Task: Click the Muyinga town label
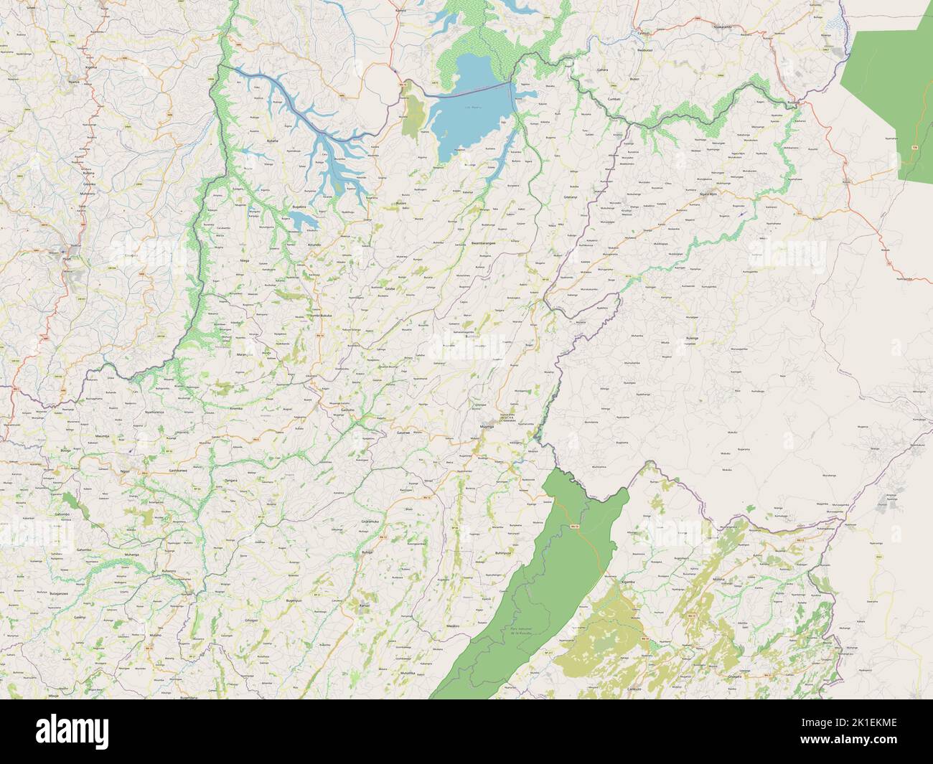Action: [x=487, y=427]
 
